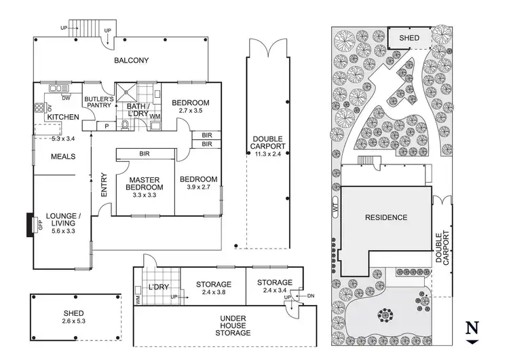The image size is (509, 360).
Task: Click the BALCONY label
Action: tap(131, 60)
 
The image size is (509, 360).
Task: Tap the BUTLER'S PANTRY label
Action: tap(98, 103)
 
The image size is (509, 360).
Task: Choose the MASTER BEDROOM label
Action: tap(145, 183)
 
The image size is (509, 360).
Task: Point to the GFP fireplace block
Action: tap(29, 226)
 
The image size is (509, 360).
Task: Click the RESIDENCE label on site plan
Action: tap(385, 217)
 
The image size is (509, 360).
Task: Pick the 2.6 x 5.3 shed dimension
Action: tap(75, 323)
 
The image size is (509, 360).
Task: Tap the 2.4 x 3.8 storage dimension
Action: tap(214, 293)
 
